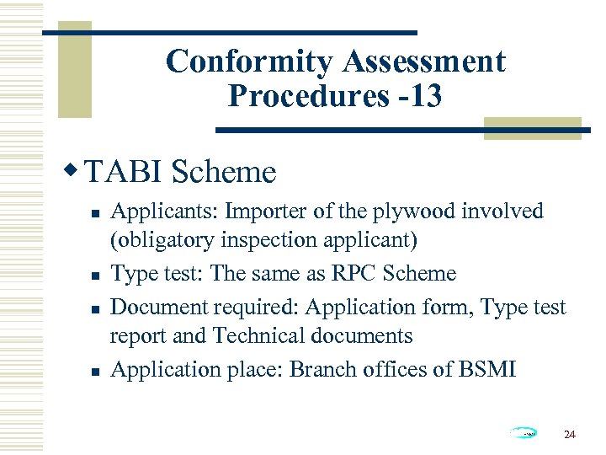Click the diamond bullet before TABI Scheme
(x=73, y=171)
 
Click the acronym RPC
(x=350, y=273)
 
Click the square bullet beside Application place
(x=95, y=369)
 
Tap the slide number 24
(x=569, y=435)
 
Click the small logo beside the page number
(x=524, y=433)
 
